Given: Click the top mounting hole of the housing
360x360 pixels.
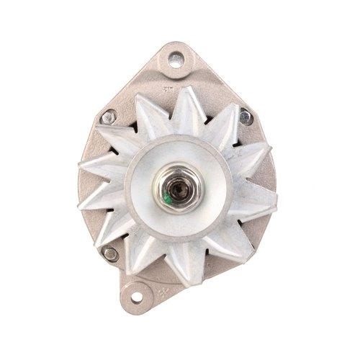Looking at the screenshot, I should (x=175, y=60).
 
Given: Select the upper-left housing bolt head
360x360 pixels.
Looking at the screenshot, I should (x=109, y=117).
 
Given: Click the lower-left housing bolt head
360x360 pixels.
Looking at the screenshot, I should (x=110, y=253).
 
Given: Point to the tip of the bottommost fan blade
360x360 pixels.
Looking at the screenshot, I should (x=173, y=285).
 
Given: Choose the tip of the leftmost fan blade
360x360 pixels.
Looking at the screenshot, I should (x=79, y=171).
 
